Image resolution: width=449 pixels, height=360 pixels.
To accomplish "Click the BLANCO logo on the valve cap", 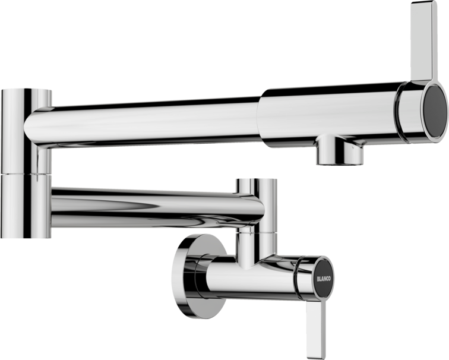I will [324, 277].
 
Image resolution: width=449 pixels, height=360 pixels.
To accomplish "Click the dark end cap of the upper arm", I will [435, 112].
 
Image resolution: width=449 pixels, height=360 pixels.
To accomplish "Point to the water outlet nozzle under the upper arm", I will [339, 153].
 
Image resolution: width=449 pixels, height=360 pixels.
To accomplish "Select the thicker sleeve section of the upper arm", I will [333, 113].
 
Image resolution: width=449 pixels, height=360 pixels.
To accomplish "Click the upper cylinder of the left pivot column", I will [27, 131].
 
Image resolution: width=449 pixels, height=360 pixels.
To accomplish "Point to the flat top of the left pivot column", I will [27, 90].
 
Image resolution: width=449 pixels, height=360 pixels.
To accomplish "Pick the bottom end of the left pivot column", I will [27, 236].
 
